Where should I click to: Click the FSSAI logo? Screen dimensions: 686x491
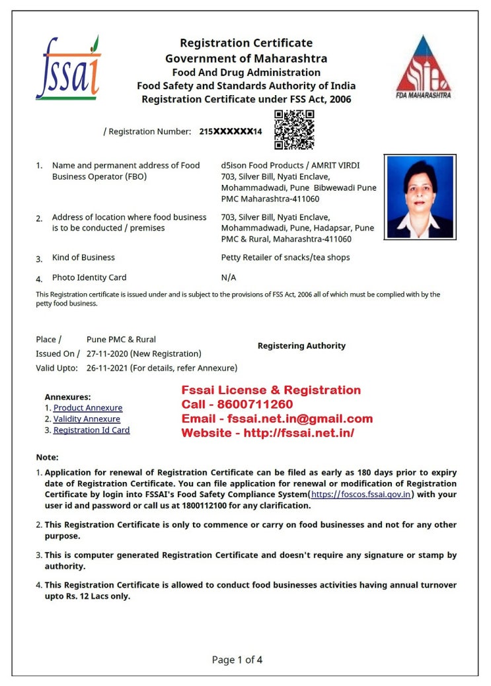(x=67, y=68)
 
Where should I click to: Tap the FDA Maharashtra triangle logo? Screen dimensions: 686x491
(x=424, y=67)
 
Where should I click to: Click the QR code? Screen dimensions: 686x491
(x=294, y=129)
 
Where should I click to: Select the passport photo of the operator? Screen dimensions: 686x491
(x=420, y=196)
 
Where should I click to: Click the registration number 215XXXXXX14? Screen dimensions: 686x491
(x=231, y=131)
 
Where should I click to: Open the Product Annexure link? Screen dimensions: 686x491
(x=88, y=408)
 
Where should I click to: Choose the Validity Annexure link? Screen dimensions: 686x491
(x=87, y=419)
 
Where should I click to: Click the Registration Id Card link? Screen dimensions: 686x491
(x=91, y=430)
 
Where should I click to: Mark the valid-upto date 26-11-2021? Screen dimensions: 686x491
(x=108, y=368)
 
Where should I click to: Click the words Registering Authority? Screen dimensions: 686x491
(x=301, y=345)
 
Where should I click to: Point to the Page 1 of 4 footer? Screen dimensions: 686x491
(x=237, y=659)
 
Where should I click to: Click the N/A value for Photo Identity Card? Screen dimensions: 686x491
(x=229, y=277)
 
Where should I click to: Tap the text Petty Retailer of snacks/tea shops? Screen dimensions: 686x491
(x=285, y=257)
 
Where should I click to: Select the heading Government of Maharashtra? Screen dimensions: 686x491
(x=246, y=58)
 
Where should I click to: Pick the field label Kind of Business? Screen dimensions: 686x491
(x=83, y=257)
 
